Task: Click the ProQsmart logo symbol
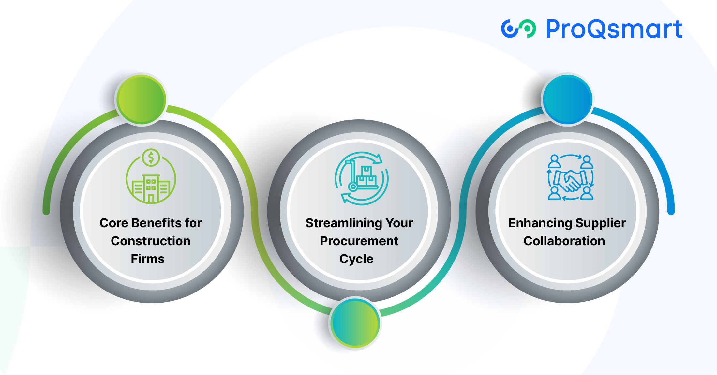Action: point(518,29)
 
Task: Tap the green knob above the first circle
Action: point(142,99)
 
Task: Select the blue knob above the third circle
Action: point(568,99)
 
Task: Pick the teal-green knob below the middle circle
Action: point(355,323)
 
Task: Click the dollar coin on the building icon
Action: point(151,158)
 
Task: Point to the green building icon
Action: point(151,176)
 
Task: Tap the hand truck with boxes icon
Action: point(362,178)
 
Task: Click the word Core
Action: point(114,223)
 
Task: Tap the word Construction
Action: point(151,241)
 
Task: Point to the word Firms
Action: point(148,259)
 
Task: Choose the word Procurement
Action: point(359,241)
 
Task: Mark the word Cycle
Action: point(356,259)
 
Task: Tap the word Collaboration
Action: point(564,241)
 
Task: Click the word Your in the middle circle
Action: point(399,223)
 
